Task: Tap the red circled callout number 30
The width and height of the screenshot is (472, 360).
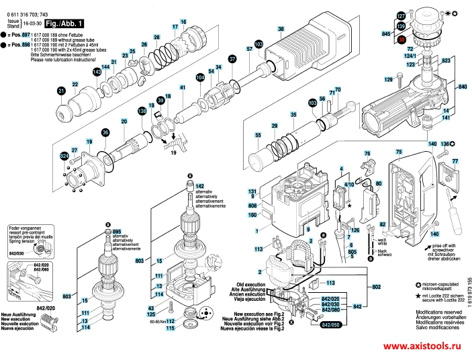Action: click(402, 40)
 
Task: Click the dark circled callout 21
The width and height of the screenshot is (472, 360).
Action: click(61, 91)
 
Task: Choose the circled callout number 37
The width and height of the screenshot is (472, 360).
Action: click(232, 59)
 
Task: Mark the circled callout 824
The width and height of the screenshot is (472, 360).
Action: click(64, 156)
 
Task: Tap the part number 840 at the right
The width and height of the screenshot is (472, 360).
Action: click(462, 87)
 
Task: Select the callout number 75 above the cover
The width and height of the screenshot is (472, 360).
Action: click(398, 152)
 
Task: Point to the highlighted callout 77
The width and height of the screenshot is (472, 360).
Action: click(454, 161)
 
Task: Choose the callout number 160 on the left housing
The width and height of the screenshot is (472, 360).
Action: click(253, 215)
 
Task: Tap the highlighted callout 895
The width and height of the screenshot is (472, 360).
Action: click(116, 230)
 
